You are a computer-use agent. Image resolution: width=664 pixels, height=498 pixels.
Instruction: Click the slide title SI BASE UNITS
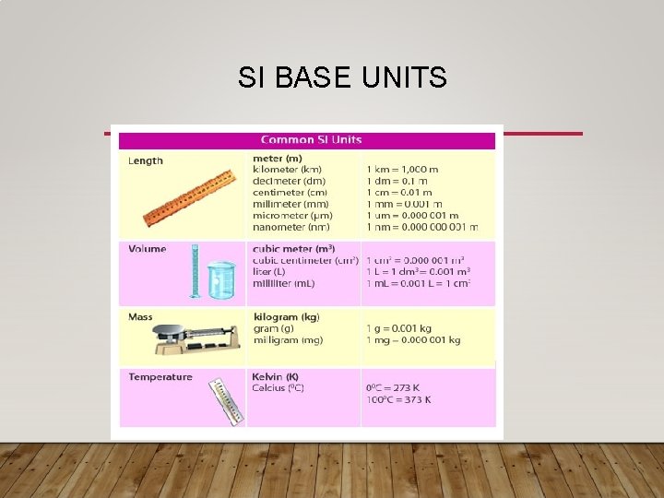342,77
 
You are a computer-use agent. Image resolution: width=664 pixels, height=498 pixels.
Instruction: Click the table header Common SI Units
311,140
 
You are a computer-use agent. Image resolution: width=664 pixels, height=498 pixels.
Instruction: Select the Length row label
146,160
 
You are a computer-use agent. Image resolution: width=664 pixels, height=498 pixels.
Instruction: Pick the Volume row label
148,249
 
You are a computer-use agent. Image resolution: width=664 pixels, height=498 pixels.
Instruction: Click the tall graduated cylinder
195,271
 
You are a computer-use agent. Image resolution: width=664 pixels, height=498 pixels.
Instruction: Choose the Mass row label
141,317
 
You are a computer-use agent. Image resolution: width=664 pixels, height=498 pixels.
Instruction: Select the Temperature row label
160,376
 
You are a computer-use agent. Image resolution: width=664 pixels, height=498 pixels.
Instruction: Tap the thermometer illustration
225,402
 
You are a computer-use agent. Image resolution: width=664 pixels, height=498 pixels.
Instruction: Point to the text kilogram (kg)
287,317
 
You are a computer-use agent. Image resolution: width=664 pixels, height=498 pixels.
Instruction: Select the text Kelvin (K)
275,376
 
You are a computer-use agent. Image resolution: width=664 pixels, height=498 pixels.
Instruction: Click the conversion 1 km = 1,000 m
402,171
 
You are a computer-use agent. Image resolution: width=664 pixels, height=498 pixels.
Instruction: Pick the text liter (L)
269,271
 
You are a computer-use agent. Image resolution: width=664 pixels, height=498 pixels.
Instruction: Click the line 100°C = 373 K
398,399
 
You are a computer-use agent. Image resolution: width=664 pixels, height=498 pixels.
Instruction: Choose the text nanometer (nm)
291,227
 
